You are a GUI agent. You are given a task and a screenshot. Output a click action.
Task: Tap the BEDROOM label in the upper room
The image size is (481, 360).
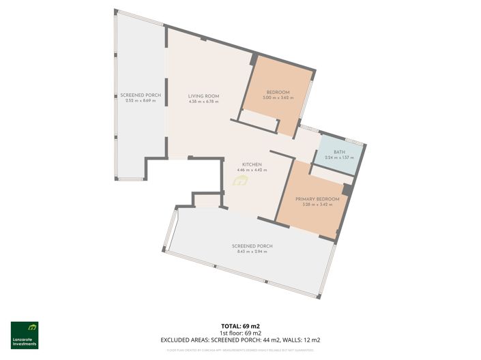point(278,92)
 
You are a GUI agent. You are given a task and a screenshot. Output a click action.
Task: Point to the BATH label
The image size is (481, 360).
point(339,152)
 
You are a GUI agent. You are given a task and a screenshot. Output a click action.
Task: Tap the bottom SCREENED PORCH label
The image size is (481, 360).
point(252,245)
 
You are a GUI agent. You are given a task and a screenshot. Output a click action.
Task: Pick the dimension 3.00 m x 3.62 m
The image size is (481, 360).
point(278,98)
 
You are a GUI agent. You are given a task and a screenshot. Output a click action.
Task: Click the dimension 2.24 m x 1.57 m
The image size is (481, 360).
point(339,158)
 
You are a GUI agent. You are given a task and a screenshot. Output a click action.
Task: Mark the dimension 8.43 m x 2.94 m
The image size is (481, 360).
point(252,252)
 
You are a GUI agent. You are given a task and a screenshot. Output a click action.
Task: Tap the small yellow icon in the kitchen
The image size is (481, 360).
point(239,181)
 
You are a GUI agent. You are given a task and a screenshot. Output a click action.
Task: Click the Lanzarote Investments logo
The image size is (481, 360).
point(25,335)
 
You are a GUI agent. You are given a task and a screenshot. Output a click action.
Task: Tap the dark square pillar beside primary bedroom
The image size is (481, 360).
point(347,190)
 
